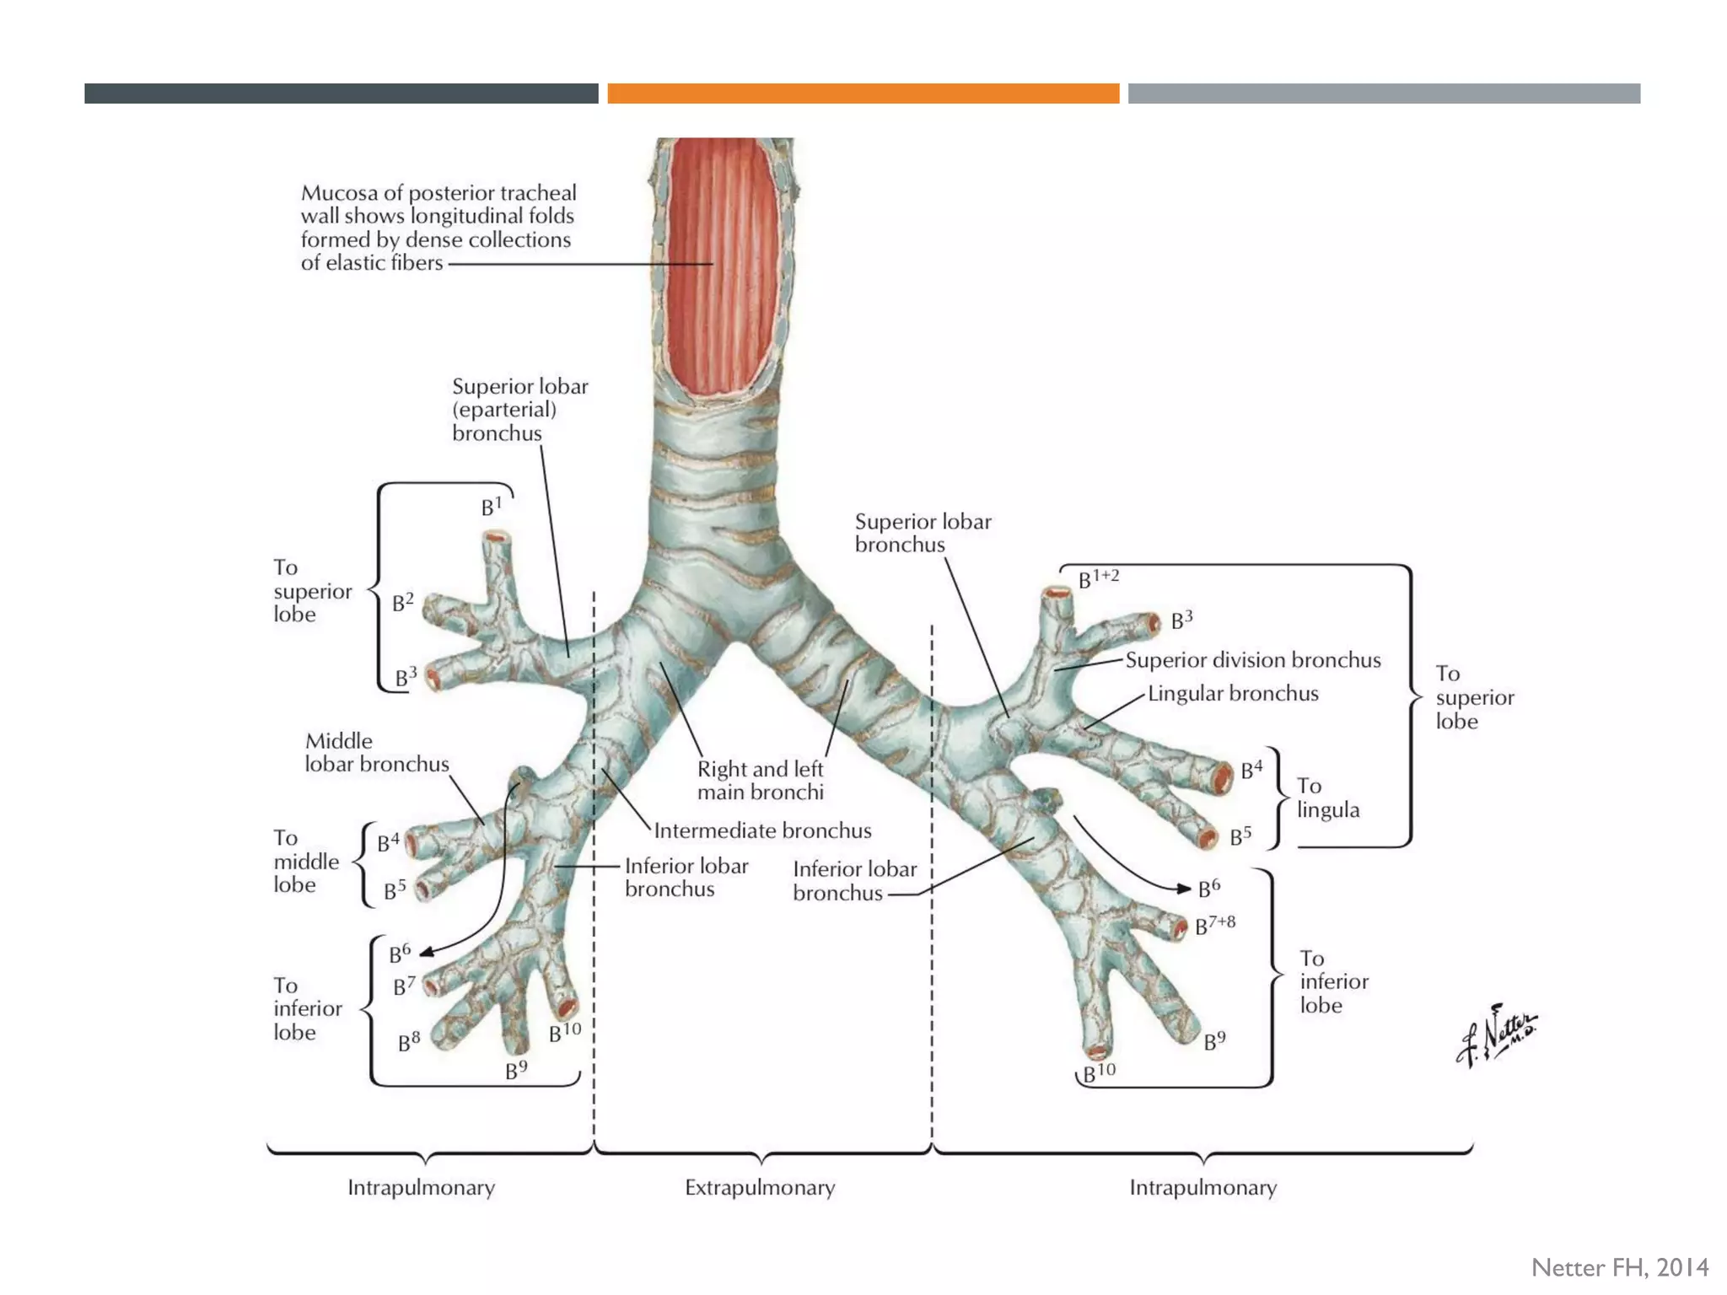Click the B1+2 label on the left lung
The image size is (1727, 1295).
tap(1099, 579)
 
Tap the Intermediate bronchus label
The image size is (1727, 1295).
tap(762, 831)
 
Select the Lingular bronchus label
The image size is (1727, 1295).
tap(1233, 694)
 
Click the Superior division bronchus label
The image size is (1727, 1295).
tap(1253, 660)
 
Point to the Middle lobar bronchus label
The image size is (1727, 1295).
tap(376, 753)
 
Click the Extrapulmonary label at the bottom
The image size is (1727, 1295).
tap(760, 1188)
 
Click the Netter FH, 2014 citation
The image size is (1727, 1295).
tap(1619, 1268)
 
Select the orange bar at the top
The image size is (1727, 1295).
tap(863, 94)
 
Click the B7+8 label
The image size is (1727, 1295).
tap(1215, 925)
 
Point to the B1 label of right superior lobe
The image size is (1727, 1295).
tap(492, 507)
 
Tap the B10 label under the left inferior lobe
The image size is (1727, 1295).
tap(1099, 1072)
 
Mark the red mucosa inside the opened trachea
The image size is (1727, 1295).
tap(723, 261)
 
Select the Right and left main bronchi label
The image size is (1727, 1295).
tap(760, 781)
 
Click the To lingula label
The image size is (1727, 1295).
tap(1328, 798)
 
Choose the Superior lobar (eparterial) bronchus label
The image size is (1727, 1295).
tap(519, 410)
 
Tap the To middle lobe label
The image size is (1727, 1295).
tap(306, 862)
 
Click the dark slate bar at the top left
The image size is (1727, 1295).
tap(341, 94)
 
